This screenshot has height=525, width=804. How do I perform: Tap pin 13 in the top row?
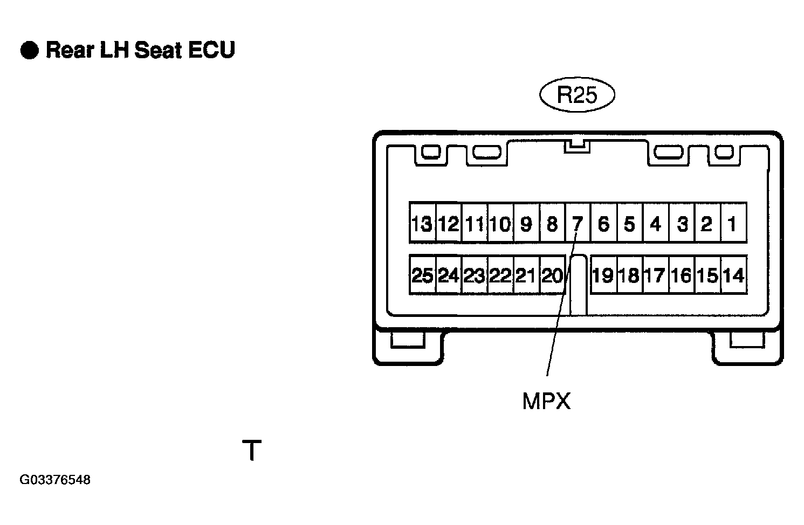422,223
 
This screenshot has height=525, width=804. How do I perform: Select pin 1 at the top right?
734,223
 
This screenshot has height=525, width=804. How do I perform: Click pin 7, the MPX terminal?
578,223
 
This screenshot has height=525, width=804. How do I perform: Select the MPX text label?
546,401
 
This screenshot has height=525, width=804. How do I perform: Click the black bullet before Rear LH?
30,50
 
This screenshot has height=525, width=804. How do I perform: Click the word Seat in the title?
158,50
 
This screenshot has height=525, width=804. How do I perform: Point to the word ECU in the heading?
211,50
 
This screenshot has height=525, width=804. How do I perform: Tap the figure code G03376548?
55,480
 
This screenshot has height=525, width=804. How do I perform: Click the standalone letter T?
252,450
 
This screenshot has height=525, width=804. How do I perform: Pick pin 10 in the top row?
500,223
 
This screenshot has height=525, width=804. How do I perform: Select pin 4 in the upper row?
656,223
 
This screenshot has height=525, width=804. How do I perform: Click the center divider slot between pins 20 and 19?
578,285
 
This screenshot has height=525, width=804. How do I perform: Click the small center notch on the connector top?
577,147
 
